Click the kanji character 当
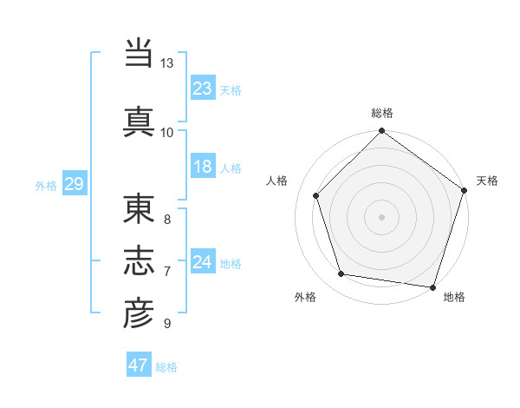click(139, 53)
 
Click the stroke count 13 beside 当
click(167, 63)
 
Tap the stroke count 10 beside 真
click(167, 132)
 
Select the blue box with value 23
click(203, 88)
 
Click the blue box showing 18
click(203, 167)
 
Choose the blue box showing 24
click(203, 262)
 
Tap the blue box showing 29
click(74, 184)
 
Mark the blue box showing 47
click(138, 365)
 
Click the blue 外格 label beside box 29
click(46, 186)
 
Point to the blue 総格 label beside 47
click(166, 367)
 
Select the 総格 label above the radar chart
click(382, 113)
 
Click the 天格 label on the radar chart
click(487, 181)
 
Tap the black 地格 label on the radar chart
click(454, 297)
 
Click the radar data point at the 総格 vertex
click(381, 132)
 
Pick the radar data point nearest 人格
click(316, 195)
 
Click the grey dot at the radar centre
click(381, 216)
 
